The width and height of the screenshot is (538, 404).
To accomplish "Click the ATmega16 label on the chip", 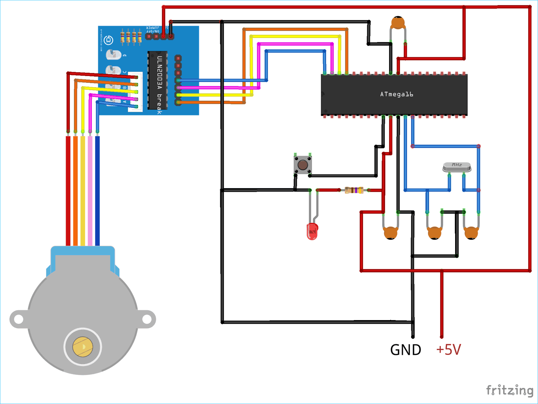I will click(396, 94).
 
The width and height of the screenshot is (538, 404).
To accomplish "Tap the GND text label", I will click(405, 350).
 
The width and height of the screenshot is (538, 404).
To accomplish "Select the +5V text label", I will click(448, 350).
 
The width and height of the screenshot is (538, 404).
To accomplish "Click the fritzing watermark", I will click(509, 390).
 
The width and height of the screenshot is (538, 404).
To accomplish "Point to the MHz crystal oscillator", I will click(457, 166).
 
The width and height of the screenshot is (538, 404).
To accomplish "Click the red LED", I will click(312, 231).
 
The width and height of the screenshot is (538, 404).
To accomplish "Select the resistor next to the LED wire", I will click(354, 190).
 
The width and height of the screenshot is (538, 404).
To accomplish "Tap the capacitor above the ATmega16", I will click(398, 23).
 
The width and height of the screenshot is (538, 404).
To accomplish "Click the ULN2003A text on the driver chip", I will click(160, 73).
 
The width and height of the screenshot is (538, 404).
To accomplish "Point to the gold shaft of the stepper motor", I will click(82, 347).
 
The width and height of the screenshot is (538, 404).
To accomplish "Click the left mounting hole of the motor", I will click(18, 319).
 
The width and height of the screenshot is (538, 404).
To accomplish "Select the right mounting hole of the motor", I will click(147, 319).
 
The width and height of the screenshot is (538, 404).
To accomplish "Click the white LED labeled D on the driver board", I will click(113, 55).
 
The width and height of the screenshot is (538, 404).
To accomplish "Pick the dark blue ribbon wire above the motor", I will click(97, 190).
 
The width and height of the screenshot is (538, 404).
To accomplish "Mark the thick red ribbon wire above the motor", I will click(68, 190).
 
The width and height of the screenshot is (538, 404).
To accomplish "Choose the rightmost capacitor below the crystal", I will click(471, 233).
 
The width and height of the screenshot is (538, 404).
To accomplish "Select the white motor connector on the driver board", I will click(136, 92).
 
